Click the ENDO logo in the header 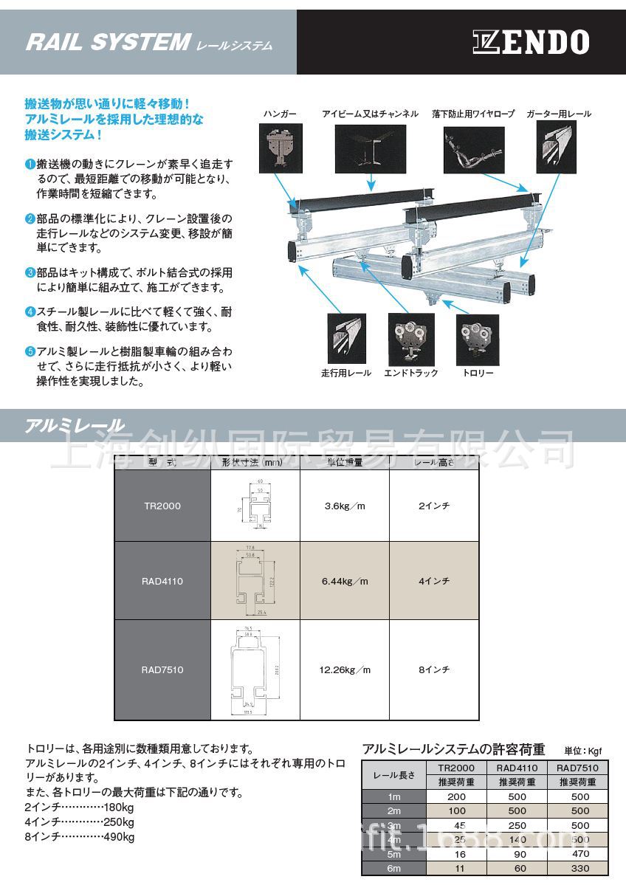(x=531, y=42)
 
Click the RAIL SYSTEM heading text (x=108, y=43)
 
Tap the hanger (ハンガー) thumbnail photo (x=281, y=149)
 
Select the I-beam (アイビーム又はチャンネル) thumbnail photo (x=370, y=149)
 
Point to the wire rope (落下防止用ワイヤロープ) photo (x=474, y=149)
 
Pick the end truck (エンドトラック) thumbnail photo (x=410, y=339)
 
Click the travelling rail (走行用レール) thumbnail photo (x=346, y=339)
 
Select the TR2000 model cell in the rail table (x=162, y=506)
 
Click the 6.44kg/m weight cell (x=344, y=581)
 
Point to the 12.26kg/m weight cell (x=344, y=670)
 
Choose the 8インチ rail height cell (x=434, y=670)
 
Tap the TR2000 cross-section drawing (x=255, y=507)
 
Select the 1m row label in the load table (x=394, y=796)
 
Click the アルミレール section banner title (x=75, y=425)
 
